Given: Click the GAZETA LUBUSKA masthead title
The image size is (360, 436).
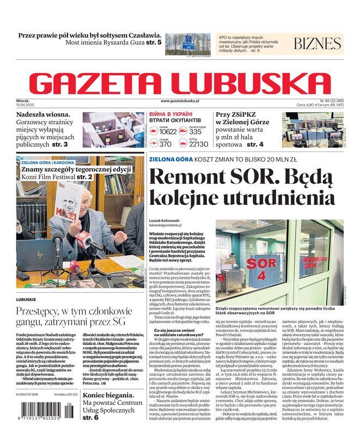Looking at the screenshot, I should click(180, 83).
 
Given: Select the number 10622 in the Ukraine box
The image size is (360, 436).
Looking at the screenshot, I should click(168, 131).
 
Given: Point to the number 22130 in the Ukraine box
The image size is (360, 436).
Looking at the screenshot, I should click(198, 144).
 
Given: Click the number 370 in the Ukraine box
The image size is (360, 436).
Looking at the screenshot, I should click(166, 144).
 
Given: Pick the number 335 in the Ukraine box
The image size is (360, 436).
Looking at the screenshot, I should click(196, 131).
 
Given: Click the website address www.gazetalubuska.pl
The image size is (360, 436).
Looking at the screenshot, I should click(180, 101).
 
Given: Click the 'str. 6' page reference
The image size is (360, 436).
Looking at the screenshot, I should click(90, 417).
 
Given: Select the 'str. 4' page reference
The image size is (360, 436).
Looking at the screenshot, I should click(255, 144).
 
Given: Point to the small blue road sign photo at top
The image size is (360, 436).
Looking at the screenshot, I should click(188, 43).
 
